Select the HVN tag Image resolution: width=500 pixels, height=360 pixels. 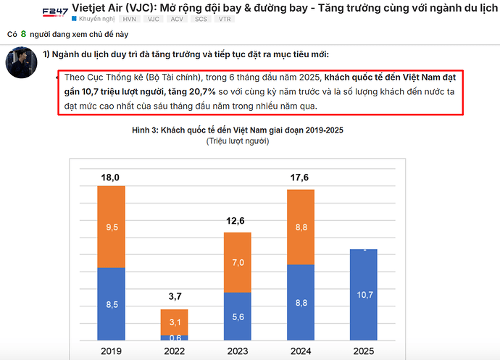129,19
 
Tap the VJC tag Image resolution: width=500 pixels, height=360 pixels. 153,19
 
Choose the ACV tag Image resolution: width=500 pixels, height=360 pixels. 176,19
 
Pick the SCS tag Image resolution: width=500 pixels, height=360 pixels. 200,19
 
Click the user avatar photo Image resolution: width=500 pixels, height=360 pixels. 22,63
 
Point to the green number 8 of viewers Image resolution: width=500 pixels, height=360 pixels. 23,34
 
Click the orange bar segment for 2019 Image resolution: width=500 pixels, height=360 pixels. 112,227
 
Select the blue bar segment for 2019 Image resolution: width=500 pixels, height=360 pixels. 112,304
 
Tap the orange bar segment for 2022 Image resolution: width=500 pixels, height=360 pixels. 175,322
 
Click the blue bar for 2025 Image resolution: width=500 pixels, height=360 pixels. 364,294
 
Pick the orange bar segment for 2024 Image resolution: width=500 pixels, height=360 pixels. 301,227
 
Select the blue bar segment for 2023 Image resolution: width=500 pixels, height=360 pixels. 238,316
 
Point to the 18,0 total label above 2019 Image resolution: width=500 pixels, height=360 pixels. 112,177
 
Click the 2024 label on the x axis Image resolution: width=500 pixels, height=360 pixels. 301,351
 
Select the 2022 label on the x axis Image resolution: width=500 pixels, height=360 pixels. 175,351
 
